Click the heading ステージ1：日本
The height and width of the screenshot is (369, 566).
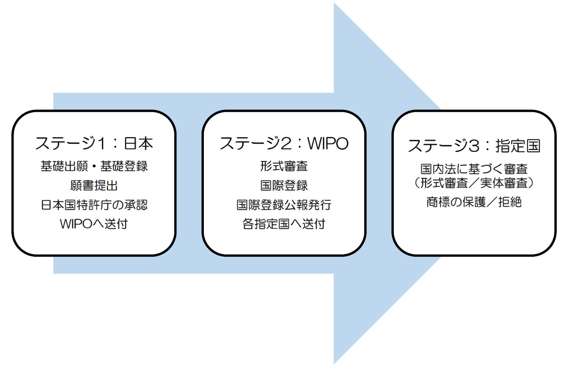click(x=94, y=143)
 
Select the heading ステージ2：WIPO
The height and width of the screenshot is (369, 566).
click(x=284, y=143)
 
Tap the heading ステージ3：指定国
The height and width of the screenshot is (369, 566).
click(x=474, y=146)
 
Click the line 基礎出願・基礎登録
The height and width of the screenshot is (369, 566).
click(x=94, y=166)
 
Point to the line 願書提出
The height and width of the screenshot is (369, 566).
click(x=94, y=185)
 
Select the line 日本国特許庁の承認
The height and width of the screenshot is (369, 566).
click(x=94, y=205)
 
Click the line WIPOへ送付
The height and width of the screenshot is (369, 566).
click(x=94, y=224)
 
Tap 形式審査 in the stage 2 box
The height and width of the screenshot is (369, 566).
click(x=284, y=166)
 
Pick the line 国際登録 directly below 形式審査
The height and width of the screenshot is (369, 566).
click(x=284, y=185)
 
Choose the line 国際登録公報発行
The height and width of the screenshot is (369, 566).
click(x=284, y=205)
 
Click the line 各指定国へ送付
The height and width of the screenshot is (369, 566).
click(x=284, y=224)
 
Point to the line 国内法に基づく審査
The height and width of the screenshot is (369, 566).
click(x=474, y=169)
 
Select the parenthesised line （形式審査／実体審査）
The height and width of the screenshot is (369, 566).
click(x=474, y=183)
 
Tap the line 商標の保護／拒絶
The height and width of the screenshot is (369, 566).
click(x=474, y=202)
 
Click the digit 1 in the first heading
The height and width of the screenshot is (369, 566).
click(x=101, y=144)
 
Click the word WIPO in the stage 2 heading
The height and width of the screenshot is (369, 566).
click(x=328, y=144)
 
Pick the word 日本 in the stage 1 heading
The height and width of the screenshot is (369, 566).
click(x=138, y=144)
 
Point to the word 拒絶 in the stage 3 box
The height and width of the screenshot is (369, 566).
click(x=510, y=202)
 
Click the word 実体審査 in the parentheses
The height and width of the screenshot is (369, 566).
click(x=504, y=183)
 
